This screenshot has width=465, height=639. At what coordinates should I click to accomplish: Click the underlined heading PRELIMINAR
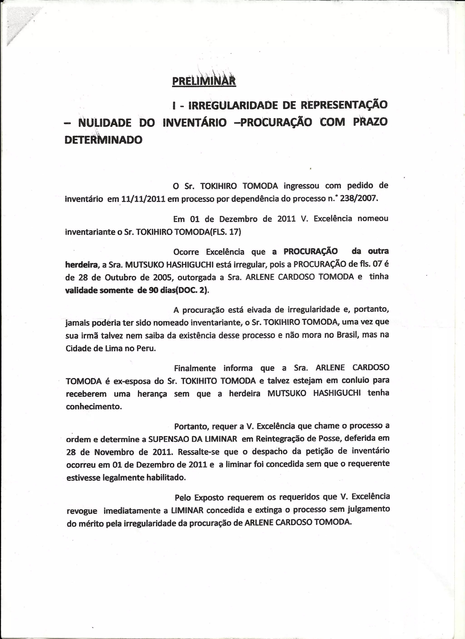point(204,81)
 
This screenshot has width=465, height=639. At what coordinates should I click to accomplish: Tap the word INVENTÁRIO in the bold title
point(195,122)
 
